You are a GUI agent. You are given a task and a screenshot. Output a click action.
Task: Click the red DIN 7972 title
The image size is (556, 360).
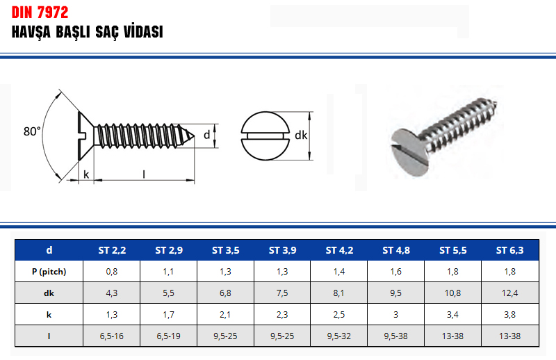pos(40,13)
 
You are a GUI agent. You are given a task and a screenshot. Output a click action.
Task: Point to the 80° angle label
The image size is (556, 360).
pos(32,131)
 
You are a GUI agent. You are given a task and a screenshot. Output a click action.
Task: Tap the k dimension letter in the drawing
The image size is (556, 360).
pos(86,174)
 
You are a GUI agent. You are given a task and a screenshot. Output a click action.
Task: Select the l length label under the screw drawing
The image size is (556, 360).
pos(144,174)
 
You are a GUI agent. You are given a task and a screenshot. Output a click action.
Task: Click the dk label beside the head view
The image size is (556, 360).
pos(301,135)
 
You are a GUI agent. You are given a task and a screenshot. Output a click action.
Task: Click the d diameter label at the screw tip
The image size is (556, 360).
pos(206,135)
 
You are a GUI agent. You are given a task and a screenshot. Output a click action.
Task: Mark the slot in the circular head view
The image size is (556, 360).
pos(265,136)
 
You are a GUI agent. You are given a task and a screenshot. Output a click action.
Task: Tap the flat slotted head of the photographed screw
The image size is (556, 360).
pos(410,152)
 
